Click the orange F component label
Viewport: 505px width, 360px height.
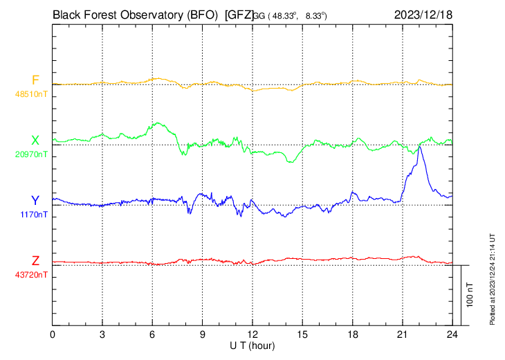point(35,80)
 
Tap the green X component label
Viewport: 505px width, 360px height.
point(35,141)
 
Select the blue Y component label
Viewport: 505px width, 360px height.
point(35,200)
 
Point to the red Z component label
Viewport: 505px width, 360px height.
point(35,260)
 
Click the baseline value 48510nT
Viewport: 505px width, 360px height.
point(32,93)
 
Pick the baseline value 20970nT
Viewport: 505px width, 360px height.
point(32,154)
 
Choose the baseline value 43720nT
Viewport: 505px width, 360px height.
point(32,274)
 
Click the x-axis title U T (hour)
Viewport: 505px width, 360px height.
point(252,345)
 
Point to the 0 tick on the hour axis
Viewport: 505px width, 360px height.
point(53,334)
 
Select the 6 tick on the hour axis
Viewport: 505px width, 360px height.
point(152,334)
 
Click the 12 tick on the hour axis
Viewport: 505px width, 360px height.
point(252,334)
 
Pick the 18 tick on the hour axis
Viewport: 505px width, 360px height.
point(352,334)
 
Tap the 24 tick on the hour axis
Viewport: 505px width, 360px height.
point(452,334)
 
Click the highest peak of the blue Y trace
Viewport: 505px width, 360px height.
point(419,147)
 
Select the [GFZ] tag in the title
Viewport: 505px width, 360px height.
point(239,14)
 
